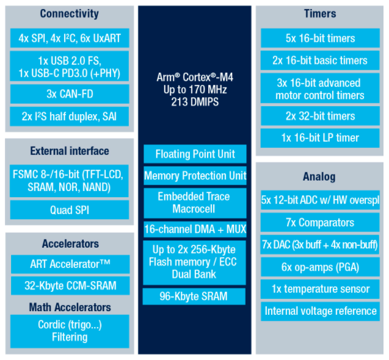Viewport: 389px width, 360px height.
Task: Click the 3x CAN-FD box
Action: (70, 94)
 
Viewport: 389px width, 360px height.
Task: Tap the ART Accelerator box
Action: (70, 264)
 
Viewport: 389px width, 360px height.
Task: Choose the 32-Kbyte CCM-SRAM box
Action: (70, 286)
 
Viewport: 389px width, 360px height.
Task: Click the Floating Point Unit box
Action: (195, 154)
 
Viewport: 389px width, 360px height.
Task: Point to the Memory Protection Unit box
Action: (195, 176)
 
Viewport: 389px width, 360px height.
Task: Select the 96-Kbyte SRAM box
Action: (195, 297)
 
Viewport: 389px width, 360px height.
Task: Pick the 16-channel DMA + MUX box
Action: (195, 229)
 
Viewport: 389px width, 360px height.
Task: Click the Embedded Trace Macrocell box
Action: (195, 203)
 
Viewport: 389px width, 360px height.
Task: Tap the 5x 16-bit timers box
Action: (320, 38)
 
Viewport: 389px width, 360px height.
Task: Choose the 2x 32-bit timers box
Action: (320, 116)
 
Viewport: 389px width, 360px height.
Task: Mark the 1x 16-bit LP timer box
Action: (320, 137)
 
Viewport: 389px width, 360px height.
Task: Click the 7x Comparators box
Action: (320, 222)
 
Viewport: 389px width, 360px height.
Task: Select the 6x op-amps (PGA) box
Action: (320, 267)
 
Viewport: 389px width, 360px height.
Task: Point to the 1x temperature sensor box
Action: (320, 289)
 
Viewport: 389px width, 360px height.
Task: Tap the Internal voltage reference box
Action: (320, 311)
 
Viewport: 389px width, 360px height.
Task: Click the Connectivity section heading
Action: (70, 13)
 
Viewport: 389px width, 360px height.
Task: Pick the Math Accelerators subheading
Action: (70, 307)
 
